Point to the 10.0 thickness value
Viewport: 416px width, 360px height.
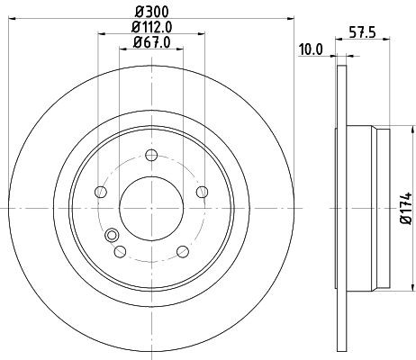(x=312, y=49)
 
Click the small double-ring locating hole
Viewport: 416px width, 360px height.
(x=113, y=237)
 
